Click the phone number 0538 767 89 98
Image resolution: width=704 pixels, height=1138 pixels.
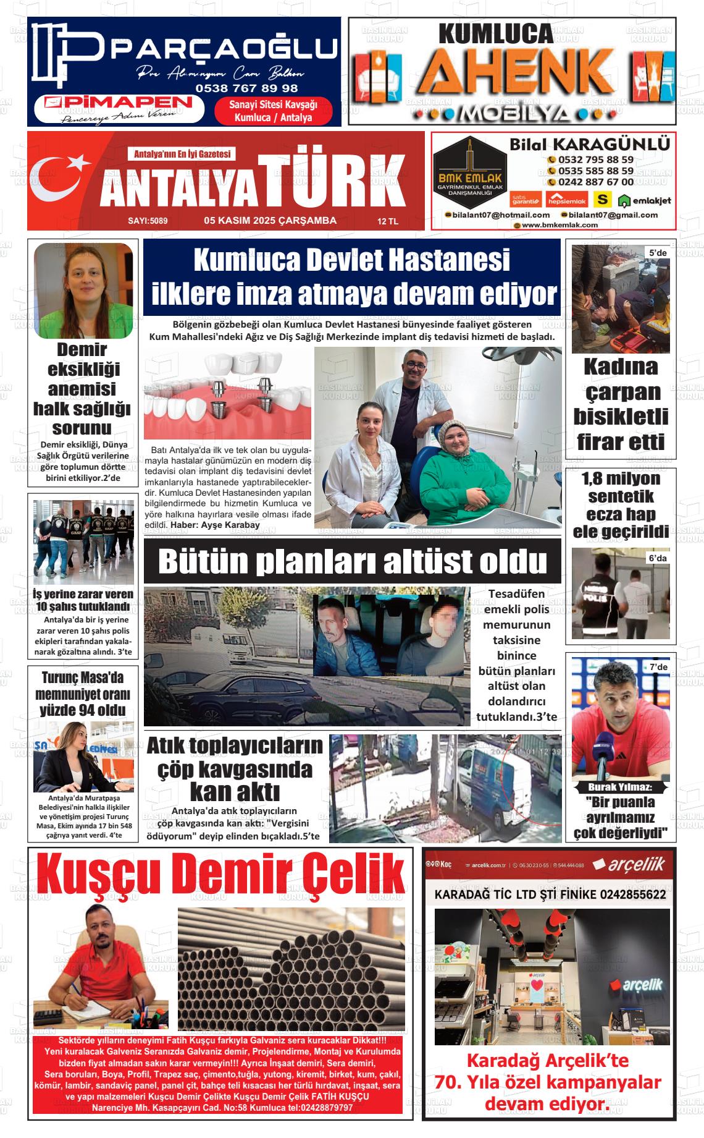tap(246, 88)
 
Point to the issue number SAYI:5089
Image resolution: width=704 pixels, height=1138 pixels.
tap(148, 221)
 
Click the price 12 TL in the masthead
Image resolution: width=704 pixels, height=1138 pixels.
tap(388, 221)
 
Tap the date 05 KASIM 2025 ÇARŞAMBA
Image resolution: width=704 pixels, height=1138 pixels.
tap(270, 221)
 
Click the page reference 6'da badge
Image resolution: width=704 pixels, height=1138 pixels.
tap(657, 558)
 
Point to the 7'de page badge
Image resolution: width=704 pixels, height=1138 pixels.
tap(658, 668)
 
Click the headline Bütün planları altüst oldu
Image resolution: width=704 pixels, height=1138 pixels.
tap(353, 561)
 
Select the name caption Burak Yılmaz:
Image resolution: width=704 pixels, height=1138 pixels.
tap(619, 788)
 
